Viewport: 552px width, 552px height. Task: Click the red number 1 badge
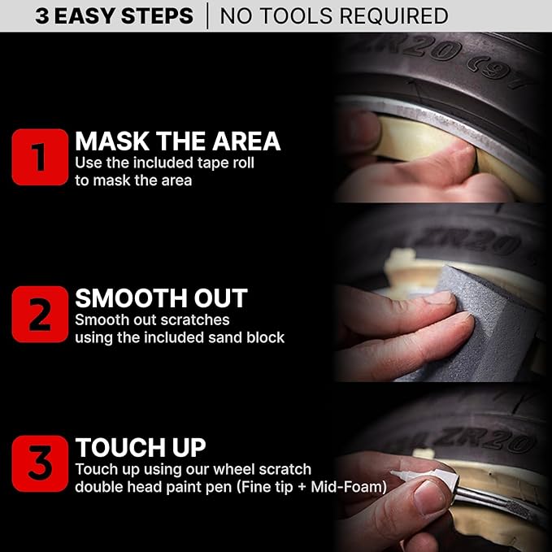coord(40,158)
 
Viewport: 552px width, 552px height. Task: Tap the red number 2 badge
coord(40,314)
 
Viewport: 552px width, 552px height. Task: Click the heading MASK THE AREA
coord(177,141)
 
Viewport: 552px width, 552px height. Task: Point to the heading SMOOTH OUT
coord(161,298)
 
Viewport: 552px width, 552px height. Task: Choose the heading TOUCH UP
coord(141,448)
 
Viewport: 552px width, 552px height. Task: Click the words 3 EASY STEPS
coord(114,15)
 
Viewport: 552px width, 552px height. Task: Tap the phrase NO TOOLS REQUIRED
coord(334,15)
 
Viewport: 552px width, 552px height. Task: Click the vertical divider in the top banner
coord(207,15)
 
